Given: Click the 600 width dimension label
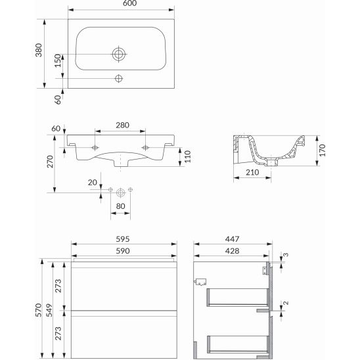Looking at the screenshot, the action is pyautogui.click(x=129, y=3).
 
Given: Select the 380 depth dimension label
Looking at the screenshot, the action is pyautogui.click(x=39, y=50).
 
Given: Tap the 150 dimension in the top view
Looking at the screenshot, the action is pyautogui.click(x=58, y=60).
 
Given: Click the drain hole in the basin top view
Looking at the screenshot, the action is pyautogui.click(x=119, y=54).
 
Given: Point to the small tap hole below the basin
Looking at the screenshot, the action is pyautogui.click(x=119, y=79).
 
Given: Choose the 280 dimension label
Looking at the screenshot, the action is pyautogui.click(x=122, y=125).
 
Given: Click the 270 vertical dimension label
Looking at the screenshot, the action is pyautogui.click(x=50, y=162).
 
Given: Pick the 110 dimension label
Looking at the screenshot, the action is pyautogui.click(x=188, y=156).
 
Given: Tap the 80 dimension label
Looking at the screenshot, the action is pyautogui.click(x=120, y=206).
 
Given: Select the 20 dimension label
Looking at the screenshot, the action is pyautogui.click(x=93, y=182).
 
